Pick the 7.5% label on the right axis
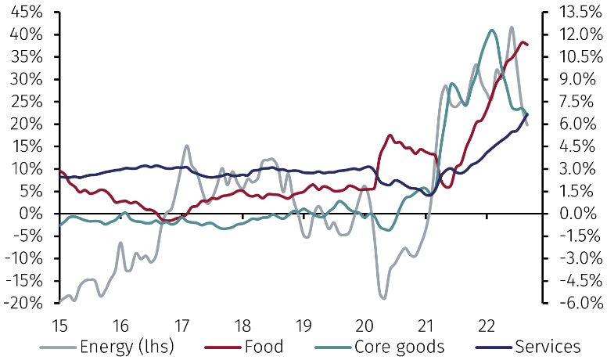580,102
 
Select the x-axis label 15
59,324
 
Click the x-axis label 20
365,324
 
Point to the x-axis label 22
487,324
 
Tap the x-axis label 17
181,324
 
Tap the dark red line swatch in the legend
223,346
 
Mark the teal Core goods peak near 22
492,31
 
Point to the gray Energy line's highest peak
512,27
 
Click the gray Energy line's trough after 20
383,298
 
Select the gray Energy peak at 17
187,146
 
